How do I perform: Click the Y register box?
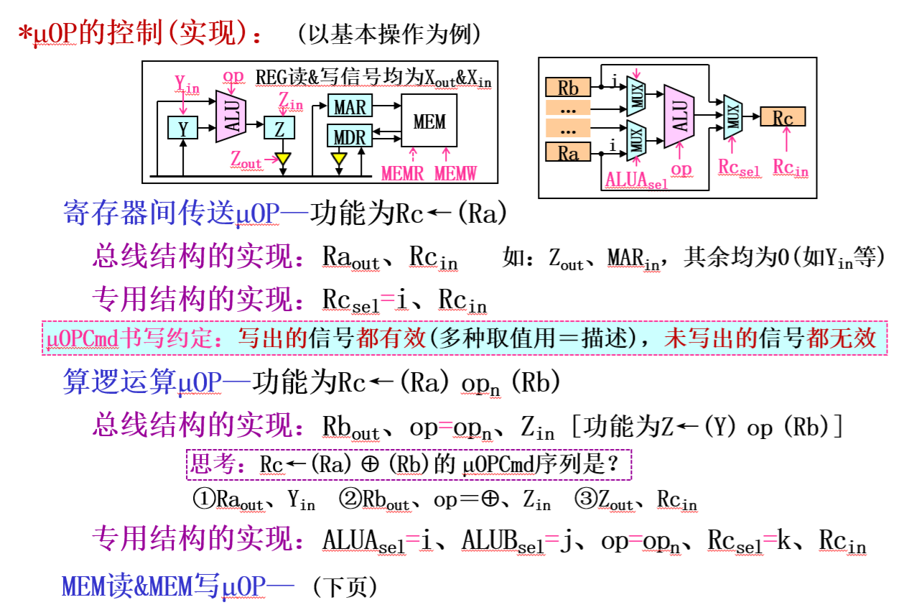(183, 128)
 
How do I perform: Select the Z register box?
(279, 128)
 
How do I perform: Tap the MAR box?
(350, 107)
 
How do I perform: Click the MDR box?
(350, 136)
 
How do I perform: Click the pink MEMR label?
(402, 172)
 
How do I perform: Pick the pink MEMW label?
(455, 172)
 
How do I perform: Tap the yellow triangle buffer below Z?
(284, 157)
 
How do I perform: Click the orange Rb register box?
(567, 88)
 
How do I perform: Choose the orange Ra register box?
(567, 152)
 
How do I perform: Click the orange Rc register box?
(783, 117)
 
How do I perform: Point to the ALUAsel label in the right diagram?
(636, 180)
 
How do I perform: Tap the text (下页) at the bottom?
(344, 587)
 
